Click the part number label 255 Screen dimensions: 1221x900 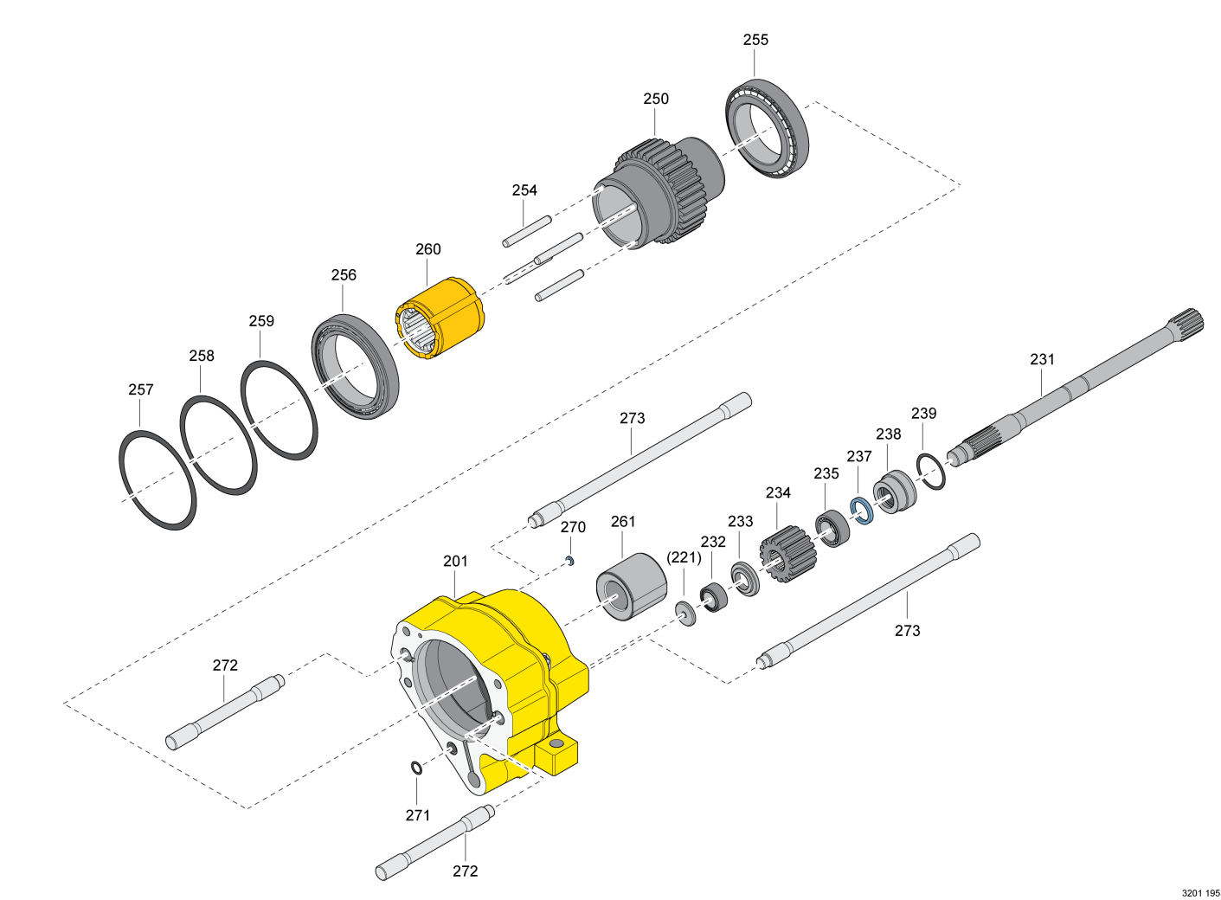click(x=755, y=40)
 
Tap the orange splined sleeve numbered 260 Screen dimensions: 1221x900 click(x=440, y=319)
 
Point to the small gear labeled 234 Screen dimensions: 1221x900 click(x=787, y=555)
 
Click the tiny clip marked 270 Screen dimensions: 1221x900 click(x=569, y=561)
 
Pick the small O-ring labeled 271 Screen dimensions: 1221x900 click(x=416, y=768)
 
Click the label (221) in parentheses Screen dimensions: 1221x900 click(x=684, y=557)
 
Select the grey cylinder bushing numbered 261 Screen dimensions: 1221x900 click(x=631, y=587)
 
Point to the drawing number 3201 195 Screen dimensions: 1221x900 click(x=1200, y=893)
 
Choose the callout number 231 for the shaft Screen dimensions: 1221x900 click(x=1042, y=359)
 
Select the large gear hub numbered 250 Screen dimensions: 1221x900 click(x=659, y=192)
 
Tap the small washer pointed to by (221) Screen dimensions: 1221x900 click(x=685, y=614)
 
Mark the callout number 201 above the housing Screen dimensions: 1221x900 click(x=455, y=561)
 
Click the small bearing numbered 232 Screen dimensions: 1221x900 click(x=714, y=598)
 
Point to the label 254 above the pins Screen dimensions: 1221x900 click(x=524, y=190)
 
